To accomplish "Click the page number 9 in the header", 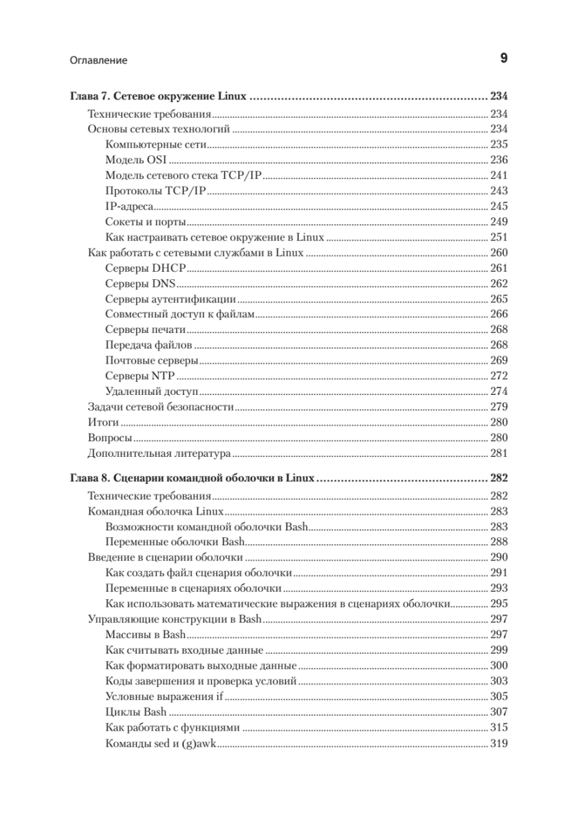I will coord(504,59).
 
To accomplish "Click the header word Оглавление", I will coord(99,61).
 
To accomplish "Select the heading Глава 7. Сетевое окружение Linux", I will coord(159,97).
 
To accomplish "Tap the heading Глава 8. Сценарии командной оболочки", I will coord(193,479).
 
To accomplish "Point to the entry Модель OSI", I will coord(136,160).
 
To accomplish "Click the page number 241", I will coord(499,176).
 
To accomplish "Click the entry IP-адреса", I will coord(129,207).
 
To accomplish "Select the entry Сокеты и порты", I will coord(146,223).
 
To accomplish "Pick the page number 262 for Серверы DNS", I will coord(499,284).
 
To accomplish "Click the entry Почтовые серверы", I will coord(152,360).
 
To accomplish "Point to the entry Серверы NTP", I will coord(141,376).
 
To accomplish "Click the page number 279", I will coord(499,407).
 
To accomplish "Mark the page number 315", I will coord(499,728).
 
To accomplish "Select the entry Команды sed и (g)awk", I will coord(161,743).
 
